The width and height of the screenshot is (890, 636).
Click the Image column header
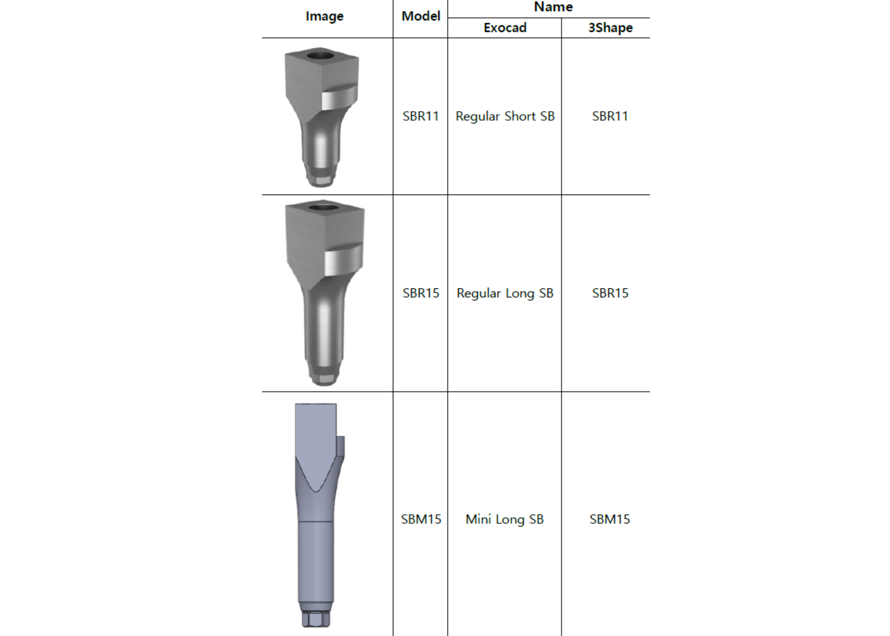point(324,16)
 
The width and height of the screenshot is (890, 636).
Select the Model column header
point(421,16)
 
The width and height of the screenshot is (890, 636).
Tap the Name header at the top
point(553,7)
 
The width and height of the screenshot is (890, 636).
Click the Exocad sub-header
point(505,28)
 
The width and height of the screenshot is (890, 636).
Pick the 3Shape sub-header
point(610,28)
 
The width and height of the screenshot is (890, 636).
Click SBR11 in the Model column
point(421,116)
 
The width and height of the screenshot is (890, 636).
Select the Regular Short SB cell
point(505,116)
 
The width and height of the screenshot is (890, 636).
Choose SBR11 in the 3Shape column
point(610,116)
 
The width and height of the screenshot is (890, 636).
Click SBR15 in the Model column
point(421,293)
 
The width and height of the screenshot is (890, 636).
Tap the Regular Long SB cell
point(505,293)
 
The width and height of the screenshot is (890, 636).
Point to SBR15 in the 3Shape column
point(610,293)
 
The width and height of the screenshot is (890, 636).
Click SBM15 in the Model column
point(421,519)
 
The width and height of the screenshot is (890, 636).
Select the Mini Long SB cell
point(505,519)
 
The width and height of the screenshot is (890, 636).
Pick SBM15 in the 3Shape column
point(610,519)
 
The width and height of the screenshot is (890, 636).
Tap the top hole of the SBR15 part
point(324,207)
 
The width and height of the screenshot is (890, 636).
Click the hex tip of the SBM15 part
point(316,619)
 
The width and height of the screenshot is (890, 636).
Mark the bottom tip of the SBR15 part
point(324,379)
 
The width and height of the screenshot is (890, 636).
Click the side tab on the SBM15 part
point(340,446)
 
